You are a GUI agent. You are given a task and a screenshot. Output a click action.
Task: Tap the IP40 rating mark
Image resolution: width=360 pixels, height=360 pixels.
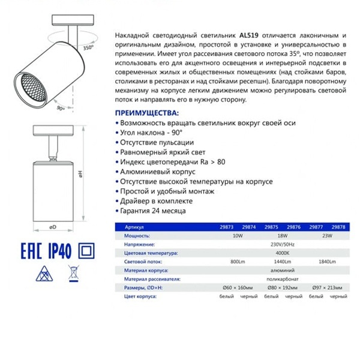coord(58,251)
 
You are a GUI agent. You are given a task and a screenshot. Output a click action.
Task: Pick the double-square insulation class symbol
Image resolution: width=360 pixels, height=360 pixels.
coord(87,251)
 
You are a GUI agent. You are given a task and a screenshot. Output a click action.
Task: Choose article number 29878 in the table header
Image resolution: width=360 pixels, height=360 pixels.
coord(338,229)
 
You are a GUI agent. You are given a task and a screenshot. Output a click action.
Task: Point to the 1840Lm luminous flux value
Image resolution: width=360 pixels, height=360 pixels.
coord(327,263)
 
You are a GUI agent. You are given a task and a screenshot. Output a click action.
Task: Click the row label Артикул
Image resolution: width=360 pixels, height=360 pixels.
coord(135,229)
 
